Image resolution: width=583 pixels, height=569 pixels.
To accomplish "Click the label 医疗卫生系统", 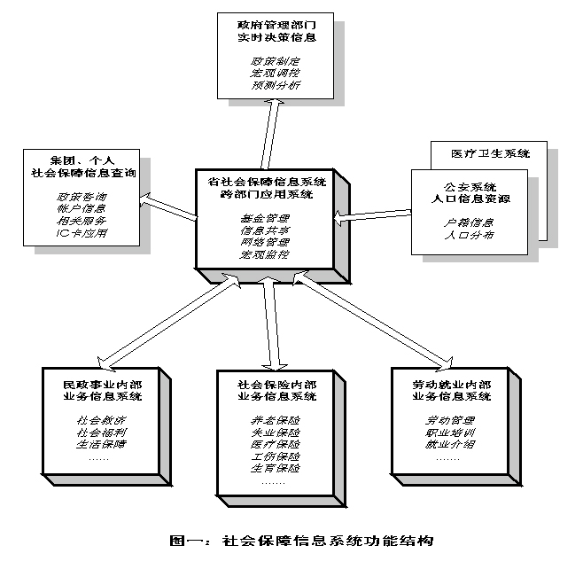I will tap(493, 153).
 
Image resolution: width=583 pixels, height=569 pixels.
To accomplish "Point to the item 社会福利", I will tap(95, 432).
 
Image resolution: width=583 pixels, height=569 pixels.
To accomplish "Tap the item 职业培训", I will tap(448, 431).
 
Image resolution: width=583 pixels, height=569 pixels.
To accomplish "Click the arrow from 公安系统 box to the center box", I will tap(373, 214).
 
